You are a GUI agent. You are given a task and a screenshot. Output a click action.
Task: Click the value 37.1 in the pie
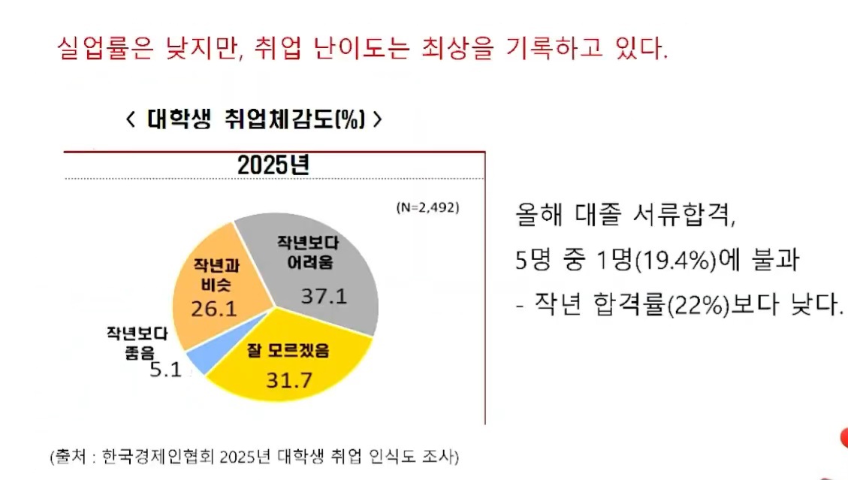(324, 296)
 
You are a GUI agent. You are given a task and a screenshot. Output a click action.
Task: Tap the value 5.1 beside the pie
(165, 370)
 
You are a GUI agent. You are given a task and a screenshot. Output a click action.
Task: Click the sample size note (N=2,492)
(427, 207)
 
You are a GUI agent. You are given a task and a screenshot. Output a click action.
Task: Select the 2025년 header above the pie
(273, 165)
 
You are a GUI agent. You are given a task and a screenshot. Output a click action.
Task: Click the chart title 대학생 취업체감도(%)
(255, 120)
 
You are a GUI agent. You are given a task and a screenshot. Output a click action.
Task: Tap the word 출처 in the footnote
(66, 456)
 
